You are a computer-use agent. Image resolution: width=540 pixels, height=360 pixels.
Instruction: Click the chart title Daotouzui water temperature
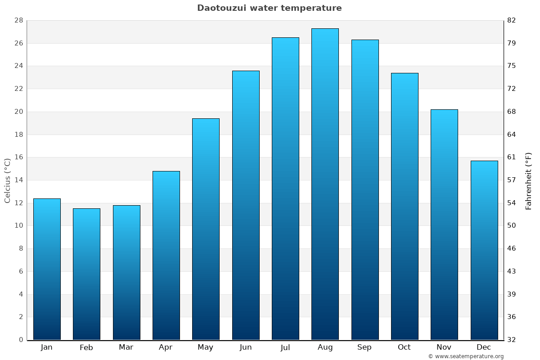tap(269, 8)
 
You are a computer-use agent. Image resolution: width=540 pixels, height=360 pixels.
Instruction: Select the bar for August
tap(325, 184)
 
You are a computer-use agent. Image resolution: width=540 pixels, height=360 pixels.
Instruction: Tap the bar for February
tap(86, 274)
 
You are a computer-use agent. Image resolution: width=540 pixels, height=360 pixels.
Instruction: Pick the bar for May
tap(206, 229)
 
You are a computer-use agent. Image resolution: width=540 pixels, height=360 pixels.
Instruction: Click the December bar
tap(484, 250)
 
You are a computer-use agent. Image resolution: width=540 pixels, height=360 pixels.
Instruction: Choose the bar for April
tap(166, 256)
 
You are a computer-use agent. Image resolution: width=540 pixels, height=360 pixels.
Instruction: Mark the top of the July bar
tap(285, 38)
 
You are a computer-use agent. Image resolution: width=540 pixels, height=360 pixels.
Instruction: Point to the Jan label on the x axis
tap(46, 347)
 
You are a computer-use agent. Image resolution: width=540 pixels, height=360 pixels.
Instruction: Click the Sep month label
tap(364, 347)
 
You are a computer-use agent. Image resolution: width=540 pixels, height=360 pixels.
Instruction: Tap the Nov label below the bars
tap(444, 347)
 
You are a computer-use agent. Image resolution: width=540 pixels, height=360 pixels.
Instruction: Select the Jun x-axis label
tap(246, 347)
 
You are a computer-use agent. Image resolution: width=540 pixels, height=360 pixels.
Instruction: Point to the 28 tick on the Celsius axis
tap(18, 20)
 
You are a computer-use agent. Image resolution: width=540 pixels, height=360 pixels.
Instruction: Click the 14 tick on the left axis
tap(18, 180)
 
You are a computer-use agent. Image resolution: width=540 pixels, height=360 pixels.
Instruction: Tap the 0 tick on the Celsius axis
tap(21, 340)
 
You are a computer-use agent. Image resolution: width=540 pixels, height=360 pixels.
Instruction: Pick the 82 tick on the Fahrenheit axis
tap(512, 20)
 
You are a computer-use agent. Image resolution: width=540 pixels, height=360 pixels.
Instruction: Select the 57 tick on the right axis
tap(512, 180)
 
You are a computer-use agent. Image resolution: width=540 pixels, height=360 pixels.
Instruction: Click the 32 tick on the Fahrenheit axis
tap(512, 340)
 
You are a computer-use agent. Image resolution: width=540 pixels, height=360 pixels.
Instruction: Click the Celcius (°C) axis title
tap(7, 180)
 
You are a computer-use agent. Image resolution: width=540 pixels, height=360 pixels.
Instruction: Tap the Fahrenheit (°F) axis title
tap(529, 180)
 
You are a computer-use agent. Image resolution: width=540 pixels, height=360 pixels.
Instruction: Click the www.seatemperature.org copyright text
tap(466, 356)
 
